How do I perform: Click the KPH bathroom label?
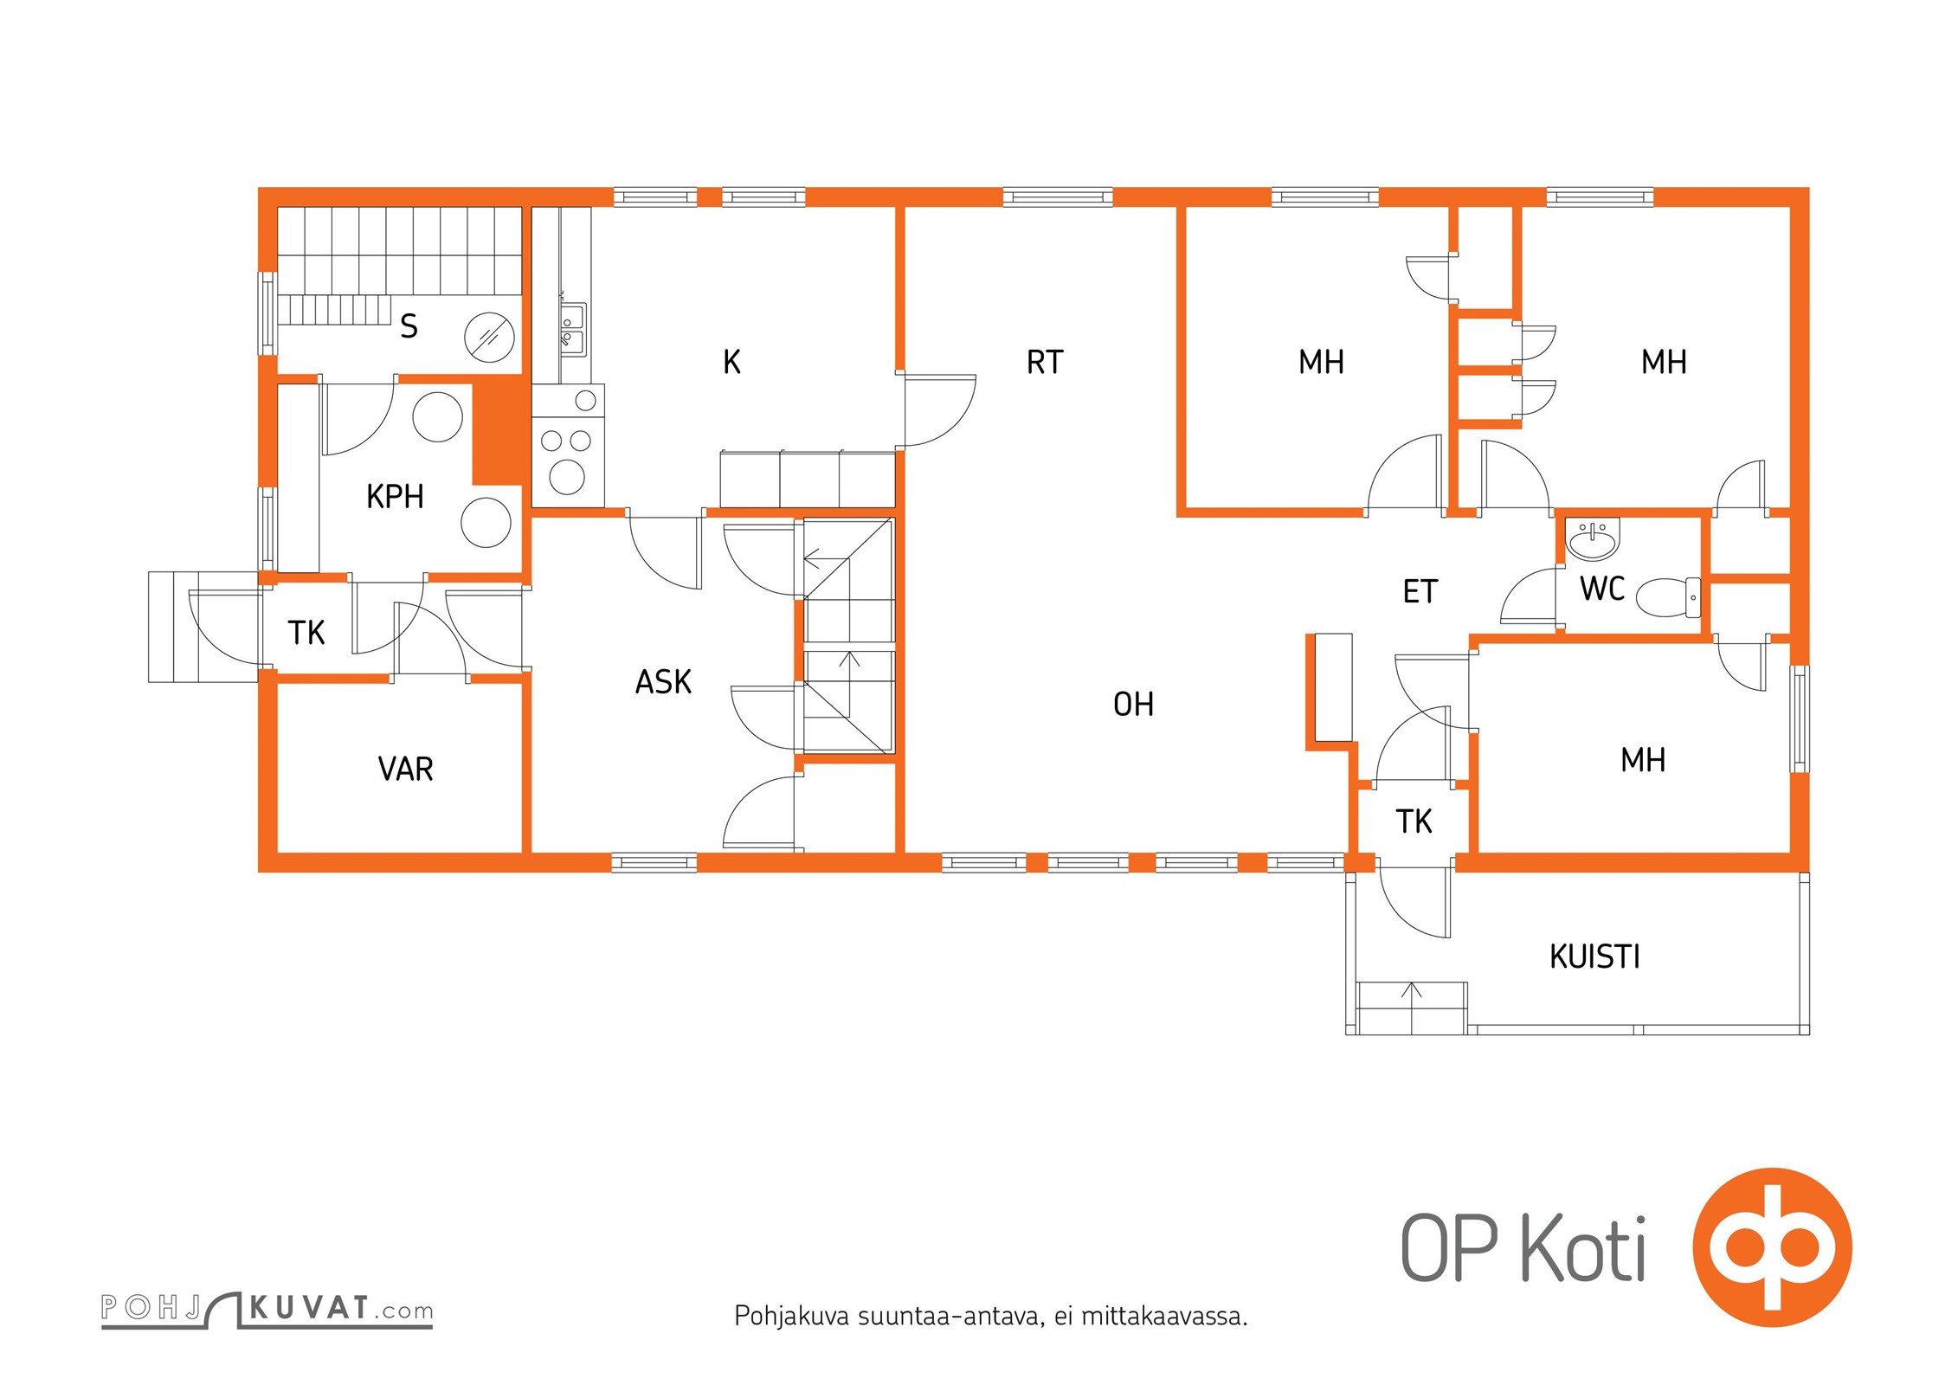pos(395,497)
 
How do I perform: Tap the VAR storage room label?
pos(405,769)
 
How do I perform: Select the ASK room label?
pos(663,682)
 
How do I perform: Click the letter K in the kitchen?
pos(731,362)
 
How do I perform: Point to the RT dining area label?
pos(1045,362)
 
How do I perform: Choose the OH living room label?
pos(1133,705)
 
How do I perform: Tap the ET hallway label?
pos(1420,592)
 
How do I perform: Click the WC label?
pos(1602,589)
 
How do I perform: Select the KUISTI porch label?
pos(1594,957)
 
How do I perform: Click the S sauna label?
pos(409,326)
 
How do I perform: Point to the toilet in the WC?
pos(1668,597)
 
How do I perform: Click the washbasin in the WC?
pos(1593,541)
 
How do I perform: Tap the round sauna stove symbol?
pos(489,337)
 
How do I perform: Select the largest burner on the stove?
pos(567,477)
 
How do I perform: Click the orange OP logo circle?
pos(1772,1248)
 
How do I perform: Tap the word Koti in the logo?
pos(1583,1248)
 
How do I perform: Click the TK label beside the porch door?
pos(1414,821)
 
